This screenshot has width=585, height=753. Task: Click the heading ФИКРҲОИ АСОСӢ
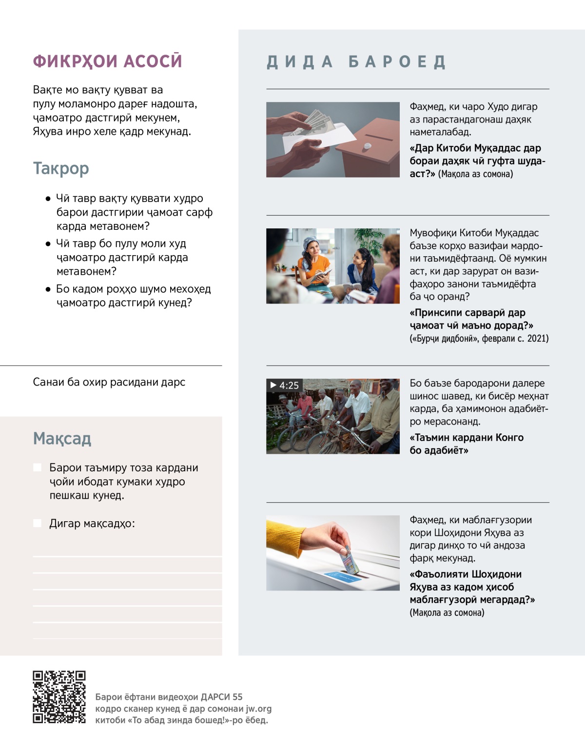click(x=107, y=61)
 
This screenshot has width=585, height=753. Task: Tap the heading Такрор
click(x=61, y=168)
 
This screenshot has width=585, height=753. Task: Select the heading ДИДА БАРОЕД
click(x=356, y=62)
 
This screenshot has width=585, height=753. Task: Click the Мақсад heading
click(x=62, y=439)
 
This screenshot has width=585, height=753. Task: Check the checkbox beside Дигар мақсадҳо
click(x=37, y=523)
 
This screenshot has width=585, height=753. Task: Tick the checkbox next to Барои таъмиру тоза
click(x=37, y=468)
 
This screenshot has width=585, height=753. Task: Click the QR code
click(x=59, y=697)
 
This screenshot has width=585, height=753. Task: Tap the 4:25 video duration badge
click(x=285, y=386)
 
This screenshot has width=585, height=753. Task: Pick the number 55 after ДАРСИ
click(x=237, y=697)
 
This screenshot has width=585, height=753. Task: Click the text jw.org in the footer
click(x=258, y=709)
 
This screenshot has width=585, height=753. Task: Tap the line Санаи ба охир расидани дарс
click(x=109, y=382)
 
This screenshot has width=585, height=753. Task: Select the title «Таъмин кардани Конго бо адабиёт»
click(x=467, y=444)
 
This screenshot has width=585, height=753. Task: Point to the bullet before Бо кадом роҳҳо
click(x=48, y=289)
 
